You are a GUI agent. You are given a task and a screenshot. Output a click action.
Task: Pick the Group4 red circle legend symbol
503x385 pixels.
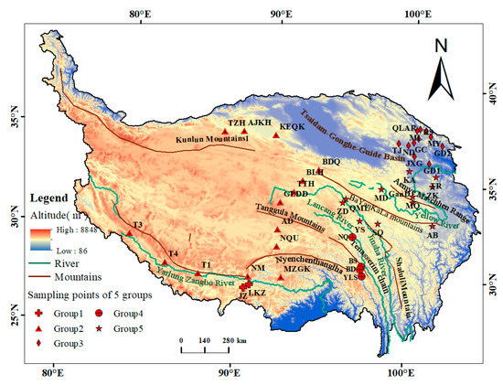[x=98, y=314]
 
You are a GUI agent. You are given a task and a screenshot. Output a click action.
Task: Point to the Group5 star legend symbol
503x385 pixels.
[x=98, y=327]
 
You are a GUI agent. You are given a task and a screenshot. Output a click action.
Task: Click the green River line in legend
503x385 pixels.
[x=38, y=261]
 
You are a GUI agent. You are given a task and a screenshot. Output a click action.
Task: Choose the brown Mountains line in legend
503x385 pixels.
[x=38, y=275]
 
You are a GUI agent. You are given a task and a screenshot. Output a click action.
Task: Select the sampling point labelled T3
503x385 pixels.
[x=130, y=232]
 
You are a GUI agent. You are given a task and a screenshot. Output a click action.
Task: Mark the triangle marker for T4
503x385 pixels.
[x=165, y=261]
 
